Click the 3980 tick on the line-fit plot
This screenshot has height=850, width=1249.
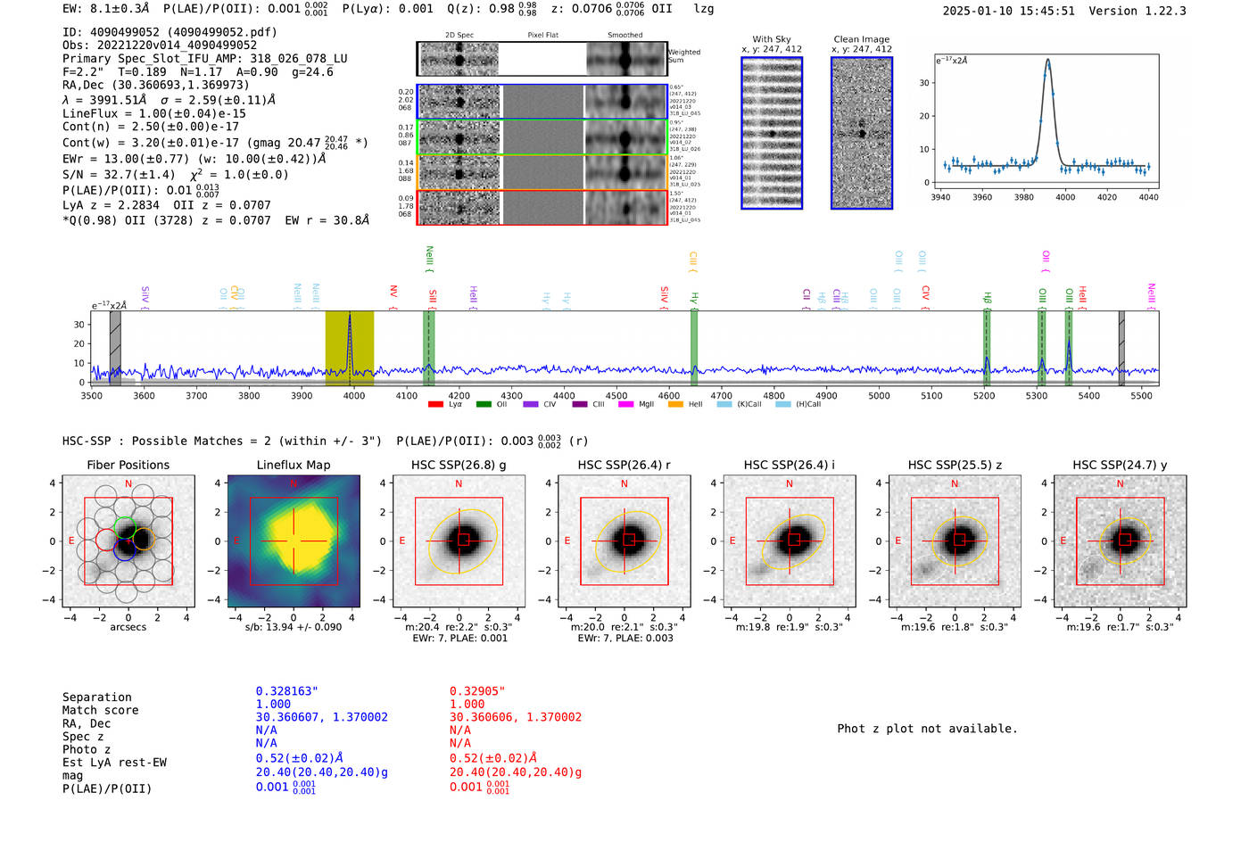[1024, 197]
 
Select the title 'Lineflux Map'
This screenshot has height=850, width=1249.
[293, 465]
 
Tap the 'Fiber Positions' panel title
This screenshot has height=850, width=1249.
[128, 465]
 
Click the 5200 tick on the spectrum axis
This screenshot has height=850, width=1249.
[984, 395]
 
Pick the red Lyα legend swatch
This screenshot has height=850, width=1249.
[435, 405]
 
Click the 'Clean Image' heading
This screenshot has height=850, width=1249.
[861, 39]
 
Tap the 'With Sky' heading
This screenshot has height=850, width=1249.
[771, 39]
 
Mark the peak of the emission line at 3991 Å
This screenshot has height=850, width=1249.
[1047, 61]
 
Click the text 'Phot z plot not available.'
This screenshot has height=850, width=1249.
[927, 729]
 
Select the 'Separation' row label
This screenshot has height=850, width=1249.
[96, 697]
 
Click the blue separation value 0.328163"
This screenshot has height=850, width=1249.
[286, 691]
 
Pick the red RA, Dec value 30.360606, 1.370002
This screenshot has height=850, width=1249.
[515, 717]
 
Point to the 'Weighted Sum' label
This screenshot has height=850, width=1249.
[683, 56]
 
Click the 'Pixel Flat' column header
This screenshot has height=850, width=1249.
[542, 36]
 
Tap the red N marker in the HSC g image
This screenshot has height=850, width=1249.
[459, 484]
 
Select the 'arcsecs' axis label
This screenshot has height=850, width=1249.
[128, 627]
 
